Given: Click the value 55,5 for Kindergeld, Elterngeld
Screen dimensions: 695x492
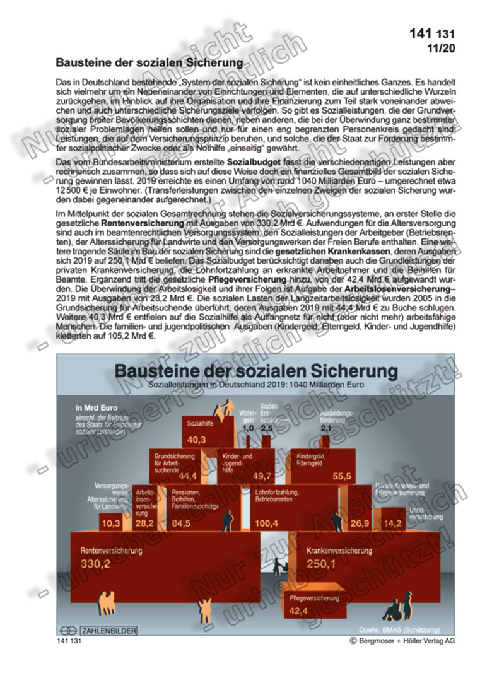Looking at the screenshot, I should pyautogui.click(x=341, y=476).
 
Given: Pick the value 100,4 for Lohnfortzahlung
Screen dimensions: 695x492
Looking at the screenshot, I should pyautogui.click(x=267, y=523).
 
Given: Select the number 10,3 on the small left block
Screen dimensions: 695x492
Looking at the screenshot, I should pyautogui.click(x=111, y=523).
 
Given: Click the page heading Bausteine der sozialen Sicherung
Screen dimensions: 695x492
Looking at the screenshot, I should pyautogui.click(x=149, y=63).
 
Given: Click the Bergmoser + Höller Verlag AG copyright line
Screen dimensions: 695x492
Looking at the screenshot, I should pyautogui.click(x=402, y=640).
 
